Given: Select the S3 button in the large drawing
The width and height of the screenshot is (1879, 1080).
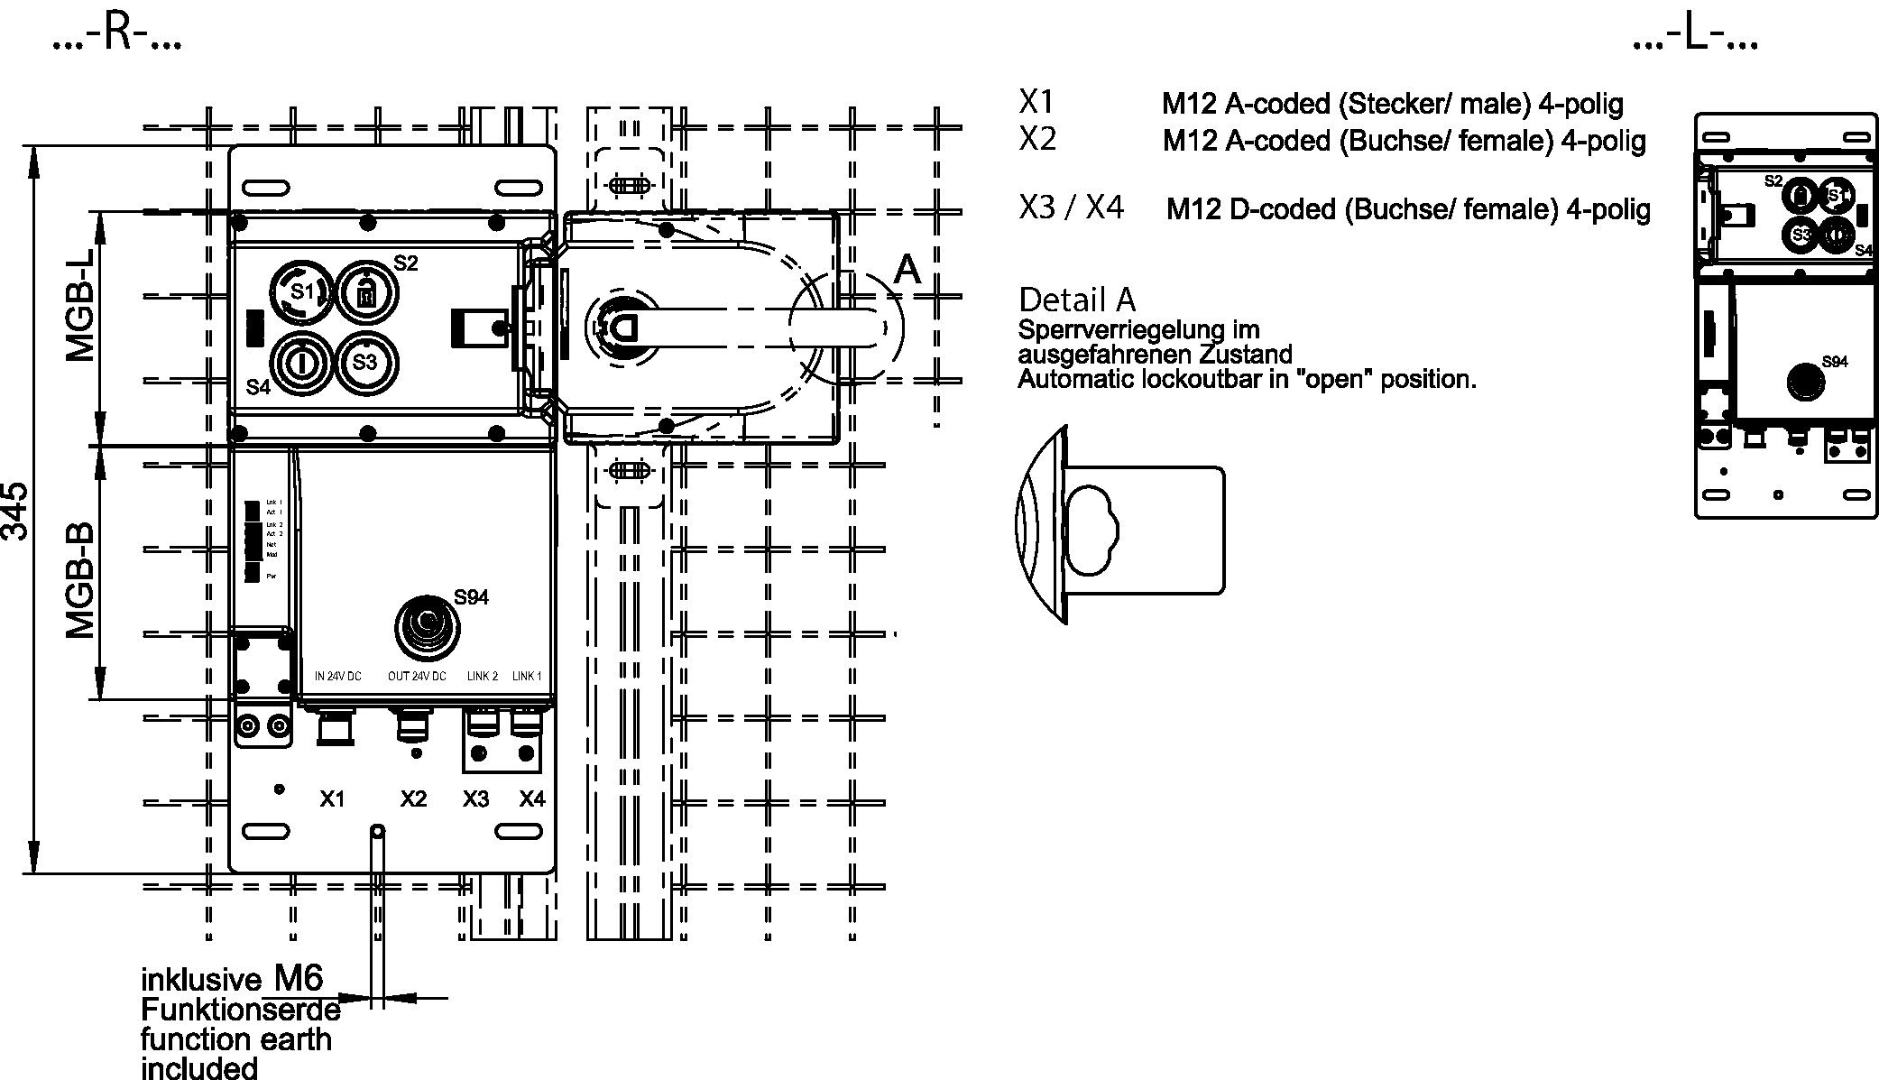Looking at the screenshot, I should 364,363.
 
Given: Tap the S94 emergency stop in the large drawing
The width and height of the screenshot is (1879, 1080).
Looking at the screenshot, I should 426,624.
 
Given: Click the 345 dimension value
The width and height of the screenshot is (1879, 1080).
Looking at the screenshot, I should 14,511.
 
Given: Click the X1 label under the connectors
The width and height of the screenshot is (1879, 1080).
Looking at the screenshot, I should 333,798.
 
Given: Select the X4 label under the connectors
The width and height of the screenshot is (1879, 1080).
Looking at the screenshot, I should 532,798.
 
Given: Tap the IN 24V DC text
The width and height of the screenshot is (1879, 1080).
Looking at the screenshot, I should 337,677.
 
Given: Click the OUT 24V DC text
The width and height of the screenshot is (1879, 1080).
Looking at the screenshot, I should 417,677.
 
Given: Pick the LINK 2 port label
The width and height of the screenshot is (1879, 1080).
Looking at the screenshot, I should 483,677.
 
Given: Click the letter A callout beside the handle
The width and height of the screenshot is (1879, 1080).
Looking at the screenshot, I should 907,269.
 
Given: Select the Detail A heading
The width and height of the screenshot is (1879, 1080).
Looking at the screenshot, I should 1077,300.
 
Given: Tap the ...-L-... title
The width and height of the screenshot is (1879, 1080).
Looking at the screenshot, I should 1695,35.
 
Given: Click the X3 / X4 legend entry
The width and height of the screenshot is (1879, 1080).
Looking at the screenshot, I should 1072,208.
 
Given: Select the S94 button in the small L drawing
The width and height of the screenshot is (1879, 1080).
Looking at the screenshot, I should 1804,382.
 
